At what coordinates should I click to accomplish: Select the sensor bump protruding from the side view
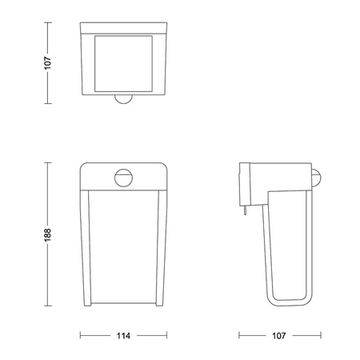pyautogui.click(x=317, y=178)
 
